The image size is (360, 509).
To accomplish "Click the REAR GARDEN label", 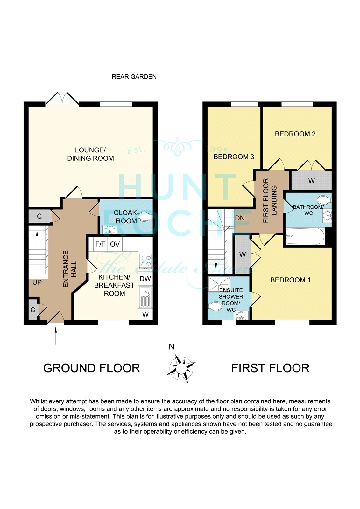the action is tap(134, 77).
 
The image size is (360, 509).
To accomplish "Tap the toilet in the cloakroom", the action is tap(145, 217).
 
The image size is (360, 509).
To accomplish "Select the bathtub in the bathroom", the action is tap(305, 236).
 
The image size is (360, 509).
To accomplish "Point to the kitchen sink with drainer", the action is tap(145, 297).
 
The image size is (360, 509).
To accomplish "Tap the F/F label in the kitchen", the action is tap(100, 244).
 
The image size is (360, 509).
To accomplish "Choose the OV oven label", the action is tap(115, 244).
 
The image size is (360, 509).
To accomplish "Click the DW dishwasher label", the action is tap(145, 279).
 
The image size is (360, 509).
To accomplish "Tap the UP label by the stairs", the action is tap(37, 282).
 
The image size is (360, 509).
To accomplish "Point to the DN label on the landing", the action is tap(240, 218).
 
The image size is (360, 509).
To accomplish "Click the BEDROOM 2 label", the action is tap(295, 134).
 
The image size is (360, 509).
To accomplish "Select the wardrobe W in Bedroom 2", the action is tap(312, 181).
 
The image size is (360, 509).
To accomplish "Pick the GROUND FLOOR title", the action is tap(92, 368).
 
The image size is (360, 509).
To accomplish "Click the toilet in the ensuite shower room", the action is tap(215, 306).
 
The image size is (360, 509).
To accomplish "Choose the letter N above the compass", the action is tap(172, 347).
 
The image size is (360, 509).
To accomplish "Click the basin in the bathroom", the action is tap(327, 215).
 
